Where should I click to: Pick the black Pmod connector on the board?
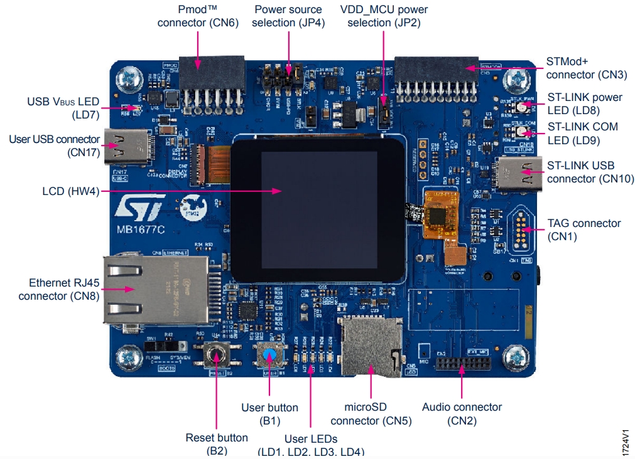(212, 71)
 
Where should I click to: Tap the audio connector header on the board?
(464, 364)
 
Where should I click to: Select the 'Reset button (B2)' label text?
(217, 444)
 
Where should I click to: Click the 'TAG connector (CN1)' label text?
(583, 229)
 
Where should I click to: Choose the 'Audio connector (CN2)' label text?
(462, 414)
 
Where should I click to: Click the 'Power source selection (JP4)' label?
(288, 16)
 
